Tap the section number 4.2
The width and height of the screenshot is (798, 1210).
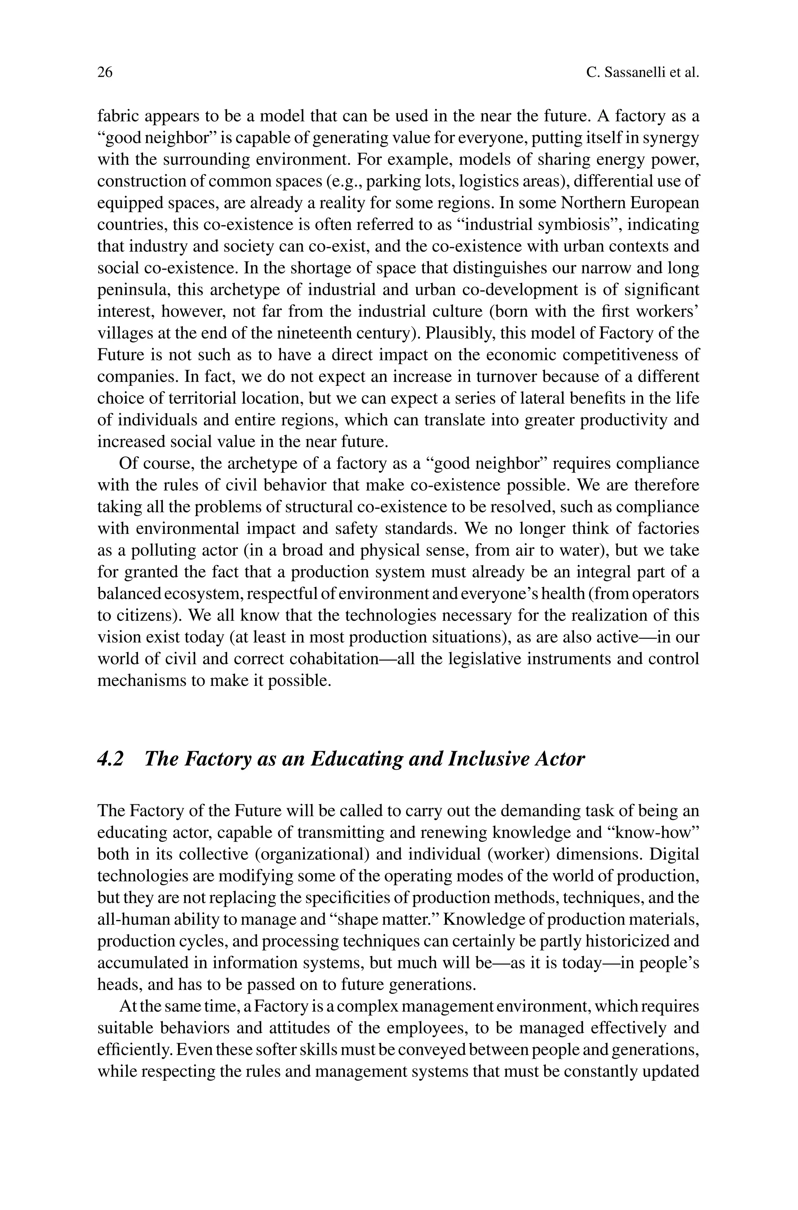pos(110,759)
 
